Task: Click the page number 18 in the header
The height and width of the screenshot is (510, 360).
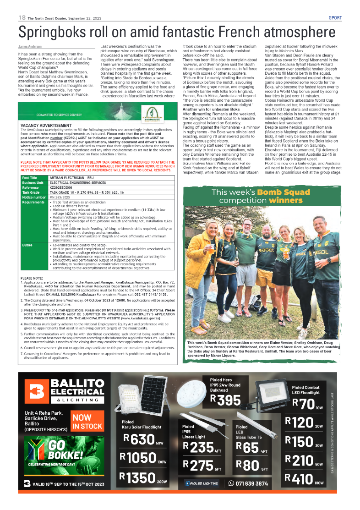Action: (x=22, y=17)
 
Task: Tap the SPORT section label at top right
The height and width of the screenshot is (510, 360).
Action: (x=335, y=18)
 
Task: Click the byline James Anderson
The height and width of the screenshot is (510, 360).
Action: (x=30, y=47)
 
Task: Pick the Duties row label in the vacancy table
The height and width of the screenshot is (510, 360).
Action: (x=27, y=245)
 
